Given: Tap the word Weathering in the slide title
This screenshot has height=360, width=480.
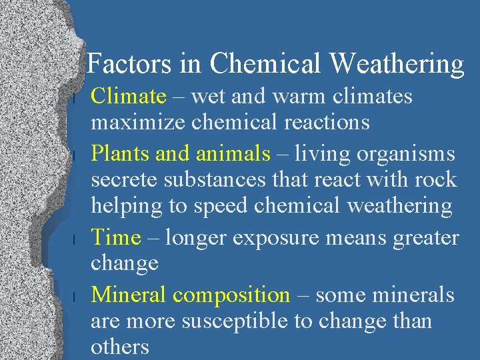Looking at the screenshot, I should [x=396, y=65].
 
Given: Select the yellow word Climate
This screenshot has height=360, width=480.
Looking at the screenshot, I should [x=128, y=97].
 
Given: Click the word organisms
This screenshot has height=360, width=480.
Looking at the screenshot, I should [x=406, y=154].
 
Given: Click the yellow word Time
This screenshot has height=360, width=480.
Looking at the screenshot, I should [x=116, y=237].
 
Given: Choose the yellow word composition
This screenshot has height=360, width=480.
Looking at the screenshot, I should [x=231, y=295].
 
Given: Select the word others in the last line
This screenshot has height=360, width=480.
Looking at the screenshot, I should [x=120, y=347].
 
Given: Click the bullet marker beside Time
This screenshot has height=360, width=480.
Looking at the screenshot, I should [x=78, y=239].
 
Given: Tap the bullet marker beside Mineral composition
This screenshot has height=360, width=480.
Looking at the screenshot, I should [x=78, y=295].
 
